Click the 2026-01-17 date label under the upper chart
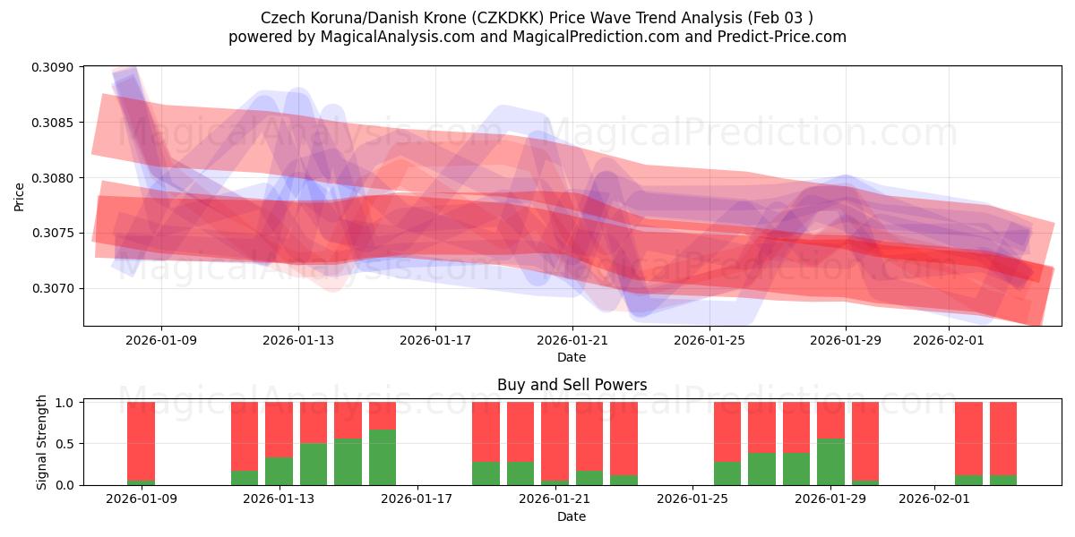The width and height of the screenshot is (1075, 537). pyautogui.click(x=434, y=340)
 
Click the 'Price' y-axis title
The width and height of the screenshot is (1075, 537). pyautogui.click(x=20, y=196)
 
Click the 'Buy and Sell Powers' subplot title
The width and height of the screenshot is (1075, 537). pyautogui.click(x=572, y=386)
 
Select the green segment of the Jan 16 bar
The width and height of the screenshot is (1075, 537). pyautogui.click(x=383, y=457)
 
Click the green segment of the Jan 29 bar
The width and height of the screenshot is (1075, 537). pyautogui.click(x=830, y=462)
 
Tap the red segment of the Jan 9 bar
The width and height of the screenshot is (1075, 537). pyautogui.click(x=141, y=440)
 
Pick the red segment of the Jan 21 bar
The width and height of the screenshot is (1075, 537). pyautogui.click(x=555, y=440)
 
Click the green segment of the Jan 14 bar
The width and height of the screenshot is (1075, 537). pyautogui.click(x=314, y=464)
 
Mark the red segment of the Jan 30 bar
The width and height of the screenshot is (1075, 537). pyautogui.click(x=864, y=440)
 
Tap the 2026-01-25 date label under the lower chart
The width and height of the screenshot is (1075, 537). pyautogui.click(x=692, y=499)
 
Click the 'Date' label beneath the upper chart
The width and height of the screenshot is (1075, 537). pyautogui.click(x=572, y=357)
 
